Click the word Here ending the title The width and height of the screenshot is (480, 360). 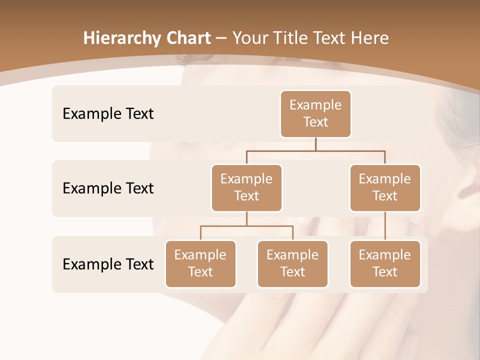tap(369, 38)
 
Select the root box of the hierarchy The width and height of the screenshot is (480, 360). tap(315, 113)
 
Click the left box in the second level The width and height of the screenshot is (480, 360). tap(246, 187)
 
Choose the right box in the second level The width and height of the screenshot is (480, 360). tap(385, 187)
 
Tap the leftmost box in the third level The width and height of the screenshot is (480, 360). tap(200, 263)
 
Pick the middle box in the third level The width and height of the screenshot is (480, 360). tap(292, 263)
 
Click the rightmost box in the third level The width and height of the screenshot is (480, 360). tap(385, 263)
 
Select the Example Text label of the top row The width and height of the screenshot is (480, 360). tap(108, 113)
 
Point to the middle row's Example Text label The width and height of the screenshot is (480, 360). tap(108, 188)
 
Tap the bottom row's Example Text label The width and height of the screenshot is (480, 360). tap(108, 264)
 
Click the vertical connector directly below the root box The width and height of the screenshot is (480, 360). tap(315, 144)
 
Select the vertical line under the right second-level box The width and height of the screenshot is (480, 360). tap(385, 226)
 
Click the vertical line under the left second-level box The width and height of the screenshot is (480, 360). tap(246, 218)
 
